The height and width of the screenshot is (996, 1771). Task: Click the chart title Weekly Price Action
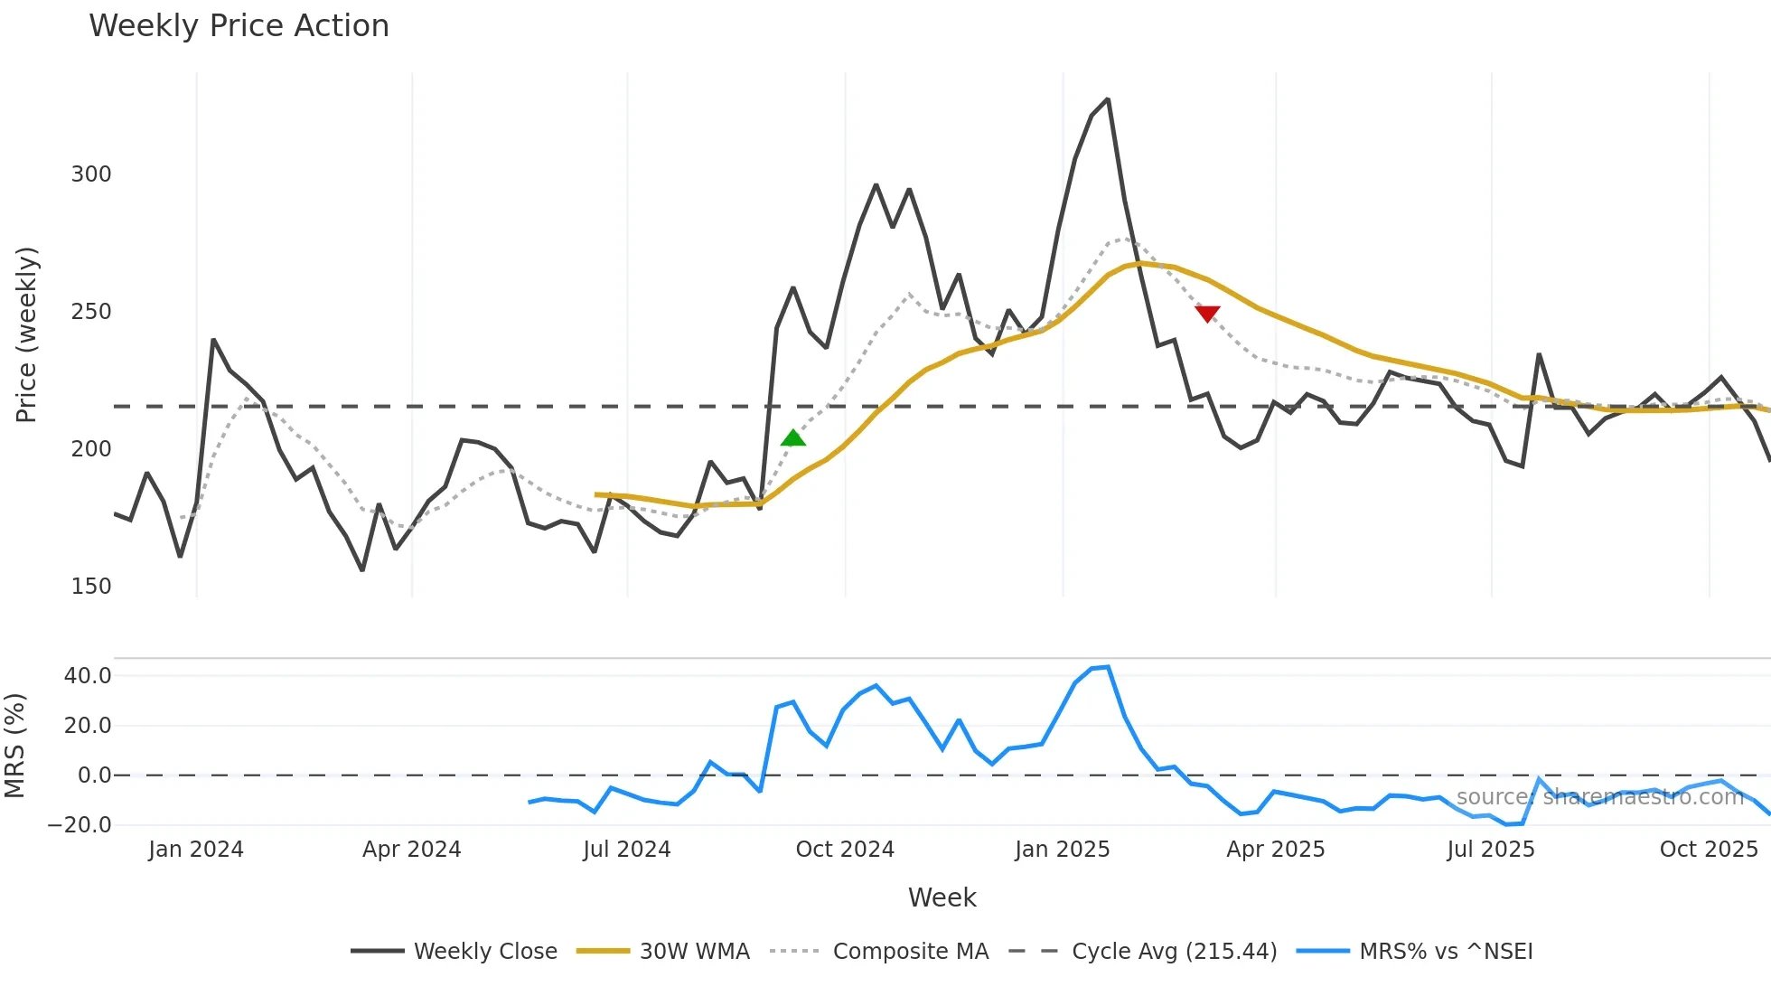pos(239,25)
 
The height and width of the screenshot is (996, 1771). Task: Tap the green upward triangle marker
pos(792,438)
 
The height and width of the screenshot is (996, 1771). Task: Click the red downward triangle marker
pos(1207,314)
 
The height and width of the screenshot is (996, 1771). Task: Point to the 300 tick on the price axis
pos(91,174)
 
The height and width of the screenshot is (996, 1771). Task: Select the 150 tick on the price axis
pos(91,587)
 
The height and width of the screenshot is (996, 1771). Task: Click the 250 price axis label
pos(91,312)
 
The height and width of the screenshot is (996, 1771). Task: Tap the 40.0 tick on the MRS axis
pos(88,676)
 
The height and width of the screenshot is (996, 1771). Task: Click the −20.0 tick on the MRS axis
pos(80,825)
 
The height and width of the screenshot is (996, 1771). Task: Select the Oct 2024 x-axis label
pos(845,850)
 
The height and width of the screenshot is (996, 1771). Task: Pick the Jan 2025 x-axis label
pos(1062,850)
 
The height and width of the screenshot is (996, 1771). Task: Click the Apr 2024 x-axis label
pos(412,850)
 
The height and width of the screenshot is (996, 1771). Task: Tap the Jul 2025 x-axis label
pos(1491,850)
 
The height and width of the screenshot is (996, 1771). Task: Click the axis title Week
pos(942,897)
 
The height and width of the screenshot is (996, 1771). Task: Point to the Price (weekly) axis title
pos(26,334)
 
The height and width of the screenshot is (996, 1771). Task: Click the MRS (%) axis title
pos(15,746)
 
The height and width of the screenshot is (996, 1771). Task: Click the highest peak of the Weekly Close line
pos(1108,99)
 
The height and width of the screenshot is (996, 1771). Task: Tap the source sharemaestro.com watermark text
pos(1599,797)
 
